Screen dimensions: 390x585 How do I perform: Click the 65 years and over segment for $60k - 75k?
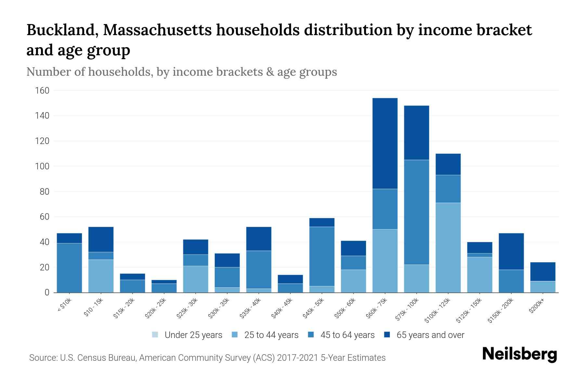pyautogui.click(x=385, y=143)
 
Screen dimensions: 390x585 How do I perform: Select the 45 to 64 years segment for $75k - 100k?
pyautogui.click(x=416, y=212)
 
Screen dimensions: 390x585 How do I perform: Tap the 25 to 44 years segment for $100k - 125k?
pyautogui.click(x=448, y=248)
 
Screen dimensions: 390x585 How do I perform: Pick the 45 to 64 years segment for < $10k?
pyautogui.click(x=69, y=268)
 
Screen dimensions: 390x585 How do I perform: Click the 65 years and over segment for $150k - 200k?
pyautogui.click(x=511, y=251)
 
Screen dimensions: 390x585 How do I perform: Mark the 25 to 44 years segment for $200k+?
pyautogui.click(x=543, y=287)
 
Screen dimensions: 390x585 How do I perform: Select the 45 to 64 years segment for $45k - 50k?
pyautogui.click(x=322, y=256)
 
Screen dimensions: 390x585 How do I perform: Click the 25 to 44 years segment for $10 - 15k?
pyautogui.click(x=101, y=276)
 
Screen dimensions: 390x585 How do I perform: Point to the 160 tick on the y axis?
pyautogui.click(x=42, y=91)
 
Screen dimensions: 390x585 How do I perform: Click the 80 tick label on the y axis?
pyautogui.click(x=44, y=192)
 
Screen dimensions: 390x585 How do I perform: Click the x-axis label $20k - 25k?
pyautogui.click(x=156, y=308)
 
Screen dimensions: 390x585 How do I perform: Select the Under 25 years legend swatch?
pyautogui.click(x=155, y=335)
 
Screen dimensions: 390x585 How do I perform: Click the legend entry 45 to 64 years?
pyautogui.click(x=347, y=335)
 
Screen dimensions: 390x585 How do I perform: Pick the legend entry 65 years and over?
pyautogui.click(x=430, y=335)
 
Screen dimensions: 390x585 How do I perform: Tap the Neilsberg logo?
pyautogui.click(x=519, y=354)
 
